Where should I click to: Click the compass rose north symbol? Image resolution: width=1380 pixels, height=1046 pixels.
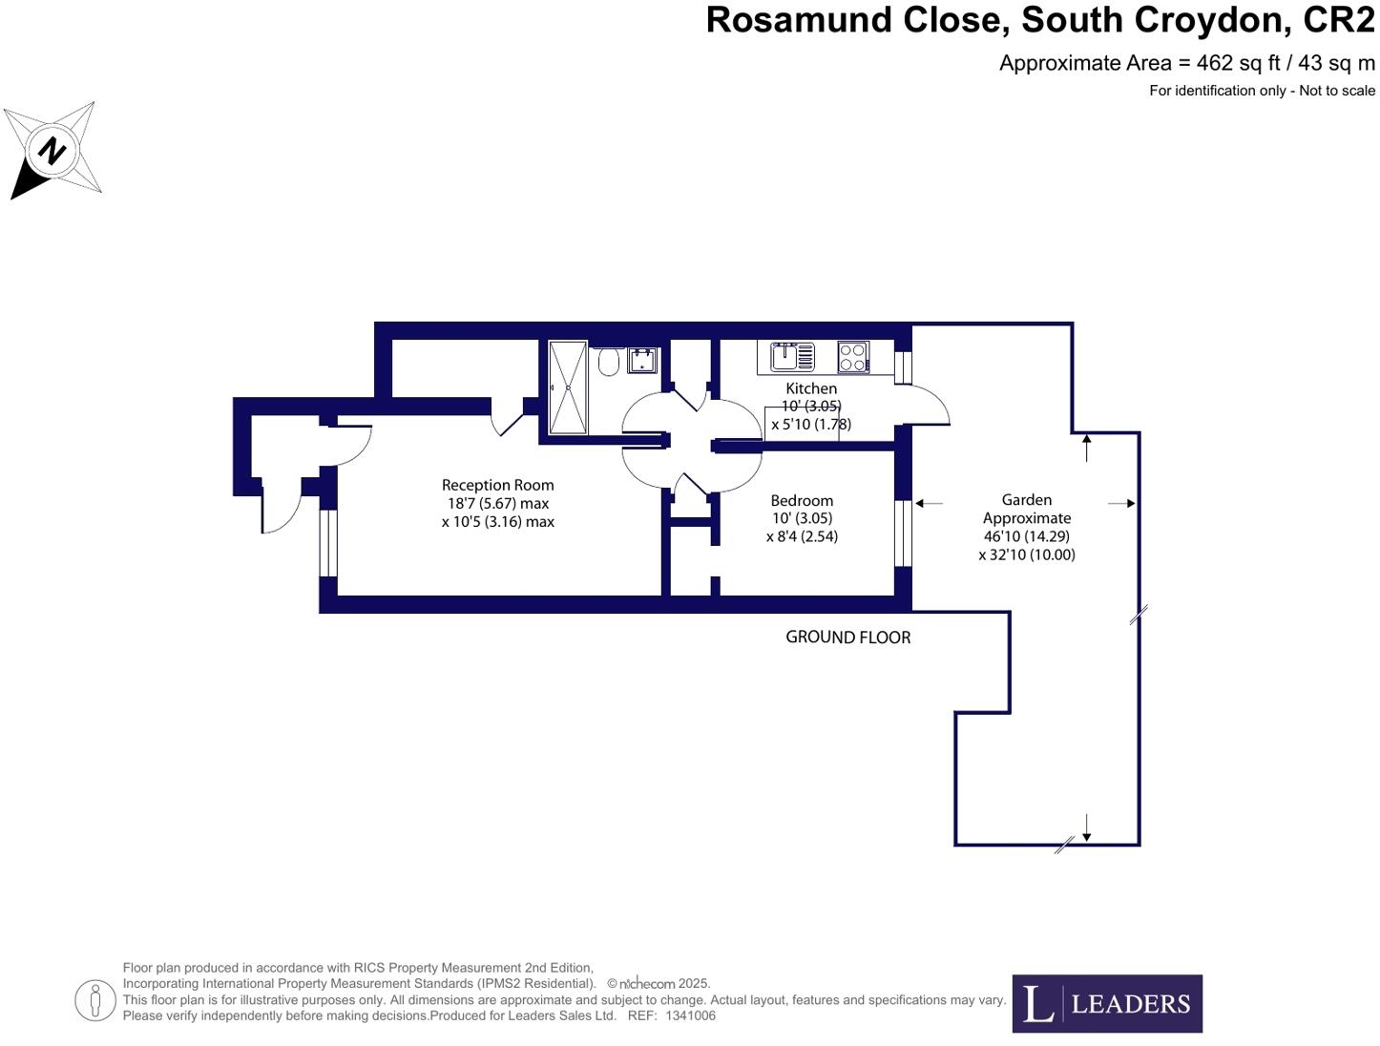coord(52,150)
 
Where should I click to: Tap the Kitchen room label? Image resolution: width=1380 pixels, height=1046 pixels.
coord(811,388)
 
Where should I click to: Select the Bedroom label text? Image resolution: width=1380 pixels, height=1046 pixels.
coord(802,500)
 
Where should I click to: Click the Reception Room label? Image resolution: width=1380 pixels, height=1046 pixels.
coord(497,485)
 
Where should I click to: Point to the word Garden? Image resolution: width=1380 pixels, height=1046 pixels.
coord(1026,499)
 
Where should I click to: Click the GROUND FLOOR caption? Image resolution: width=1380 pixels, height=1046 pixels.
coord(847,637)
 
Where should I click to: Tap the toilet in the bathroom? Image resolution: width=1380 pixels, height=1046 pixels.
coord(609,362)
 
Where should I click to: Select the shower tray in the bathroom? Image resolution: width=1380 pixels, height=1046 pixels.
coord(568,387)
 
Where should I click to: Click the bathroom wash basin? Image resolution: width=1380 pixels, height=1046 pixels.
coord(641,360)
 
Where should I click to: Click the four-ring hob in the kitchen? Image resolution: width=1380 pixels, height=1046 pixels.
coord(853,357)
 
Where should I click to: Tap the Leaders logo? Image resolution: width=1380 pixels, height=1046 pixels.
coord(1107,1003)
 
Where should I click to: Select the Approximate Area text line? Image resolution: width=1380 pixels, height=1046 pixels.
coord(1186,63)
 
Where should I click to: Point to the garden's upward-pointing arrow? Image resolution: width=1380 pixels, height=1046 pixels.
coord(1087,447)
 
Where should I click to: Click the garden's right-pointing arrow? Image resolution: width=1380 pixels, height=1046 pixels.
coord(1122,503)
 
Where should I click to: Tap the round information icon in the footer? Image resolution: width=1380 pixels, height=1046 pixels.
coord(95,1000)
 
